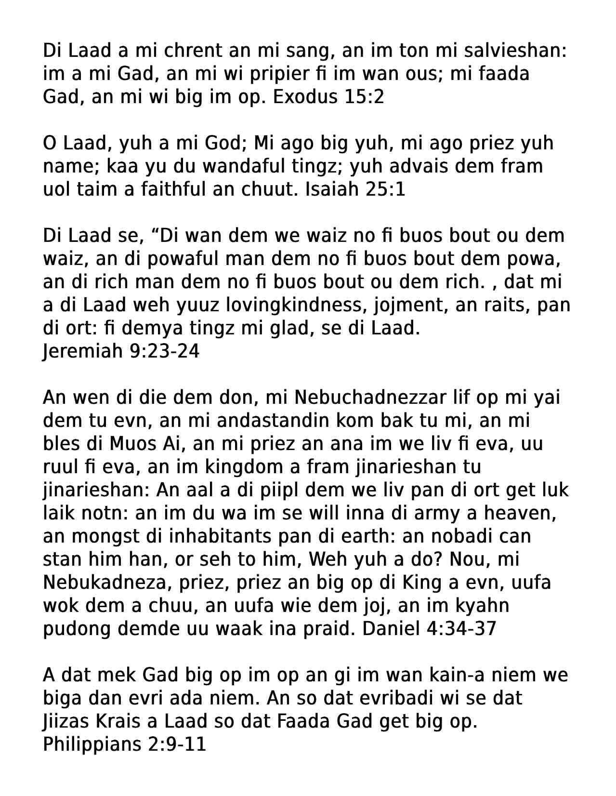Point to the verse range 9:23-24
pyautogui.click(x=165, y=351)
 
